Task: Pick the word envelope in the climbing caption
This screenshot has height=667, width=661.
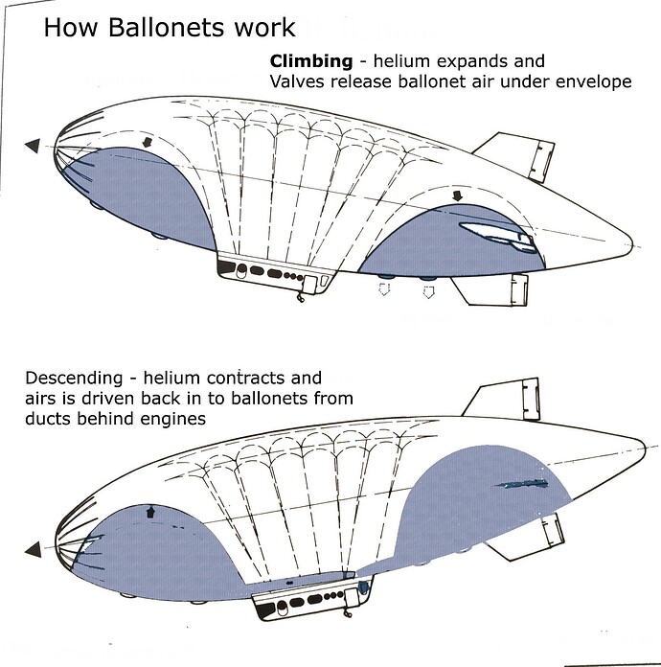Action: (594, 81)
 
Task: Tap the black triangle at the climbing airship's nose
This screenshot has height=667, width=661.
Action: (33, 145)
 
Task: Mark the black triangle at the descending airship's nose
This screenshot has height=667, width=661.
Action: (33, 549)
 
